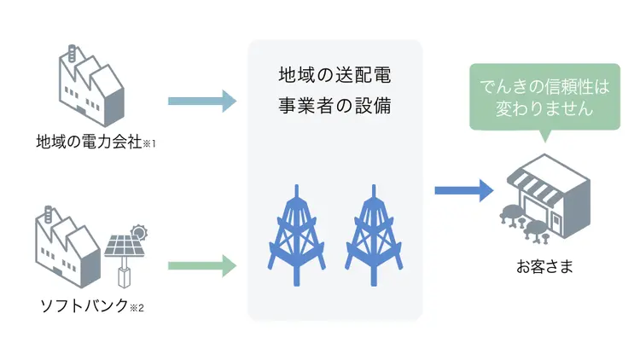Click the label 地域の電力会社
click(84, 142)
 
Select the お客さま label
click(544, 267)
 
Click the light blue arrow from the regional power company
click(201, 102)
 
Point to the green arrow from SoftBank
click(201, 266)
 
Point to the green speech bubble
click(544, 97)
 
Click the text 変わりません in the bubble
click(544, 109)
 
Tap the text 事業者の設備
click(335, 107)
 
